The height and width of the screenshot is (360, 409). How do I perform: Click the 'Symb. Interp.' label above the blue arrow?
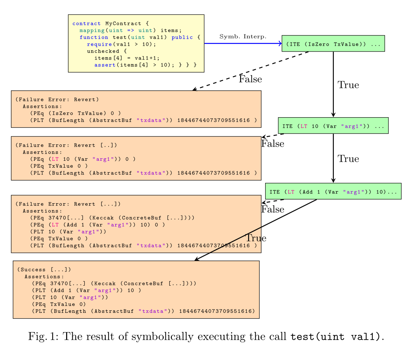(243, 37)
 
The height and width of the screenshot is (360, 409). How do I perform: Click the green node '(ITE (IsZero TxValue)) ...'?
(333, 44)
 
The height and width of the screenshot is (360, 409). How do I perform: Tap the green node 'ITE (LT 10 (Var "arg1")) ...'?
(333, 126)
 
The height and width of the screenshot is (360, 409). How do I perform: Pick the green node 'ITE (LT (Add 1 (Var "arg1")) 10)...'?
(333, 191)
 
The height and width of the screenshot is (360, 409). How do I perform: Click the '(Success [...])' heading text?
(44, 270)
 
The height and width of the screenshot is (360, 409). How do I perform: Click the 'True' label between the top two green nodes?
(348, 85)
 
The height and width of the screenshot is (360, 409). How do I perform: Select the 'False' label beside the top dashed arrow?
(250, 79)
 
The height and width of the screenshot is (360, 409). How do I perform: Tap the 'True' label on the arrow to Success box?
(256, 238)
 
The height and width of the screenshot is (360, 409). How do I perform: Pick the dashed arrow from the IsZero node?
(251, 71)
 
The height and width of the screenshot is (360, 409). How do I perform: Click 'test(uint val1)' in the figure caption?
(336, 337)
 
